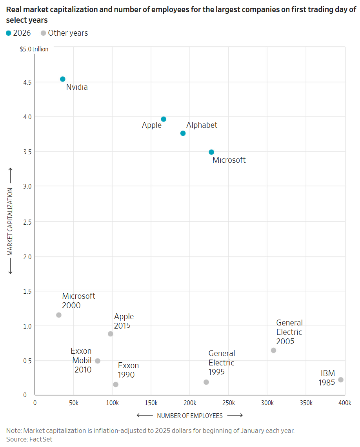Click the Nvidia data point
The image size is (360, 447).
[x=63, y=79]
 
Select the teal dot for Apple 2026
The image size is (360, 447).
[x=164, y=119]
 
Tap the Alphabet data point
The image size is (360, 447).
[x=183, y=133]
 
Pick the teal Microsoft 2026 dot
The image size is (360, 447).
[x=211, y=152]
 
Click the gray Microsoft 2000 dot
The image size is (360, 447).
[x=59, y=315]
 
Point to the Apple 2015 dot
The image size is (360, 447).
[x=111, y=334]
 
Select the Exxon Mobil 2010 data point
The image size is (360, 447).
[x=98, y=361]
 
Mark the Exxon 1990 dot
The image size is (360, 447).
[x=116, y=385]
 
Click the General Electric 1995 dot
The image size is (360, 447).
[x=206, y=382]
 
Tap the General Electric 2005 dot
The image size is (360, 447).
[x=273, y=350]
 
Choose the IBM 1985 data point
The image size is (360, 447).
[x=341, y=380]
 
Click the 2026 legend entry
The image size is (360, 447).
[x=18, y=33]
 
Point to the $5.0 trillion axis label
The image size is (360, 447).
[x=35, y=49]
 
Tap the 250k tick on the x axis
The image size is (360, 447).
[x=229, y=403]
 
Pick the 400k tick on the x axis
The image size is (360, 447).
[x=345, y=403]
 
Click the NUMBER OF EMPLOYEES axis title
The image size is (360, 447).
[x=190, y=416]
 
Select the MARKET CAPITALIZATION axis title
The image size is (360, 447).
[x=11, y=222]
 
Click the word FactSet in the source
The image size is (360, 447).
[x=41, y=439]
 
